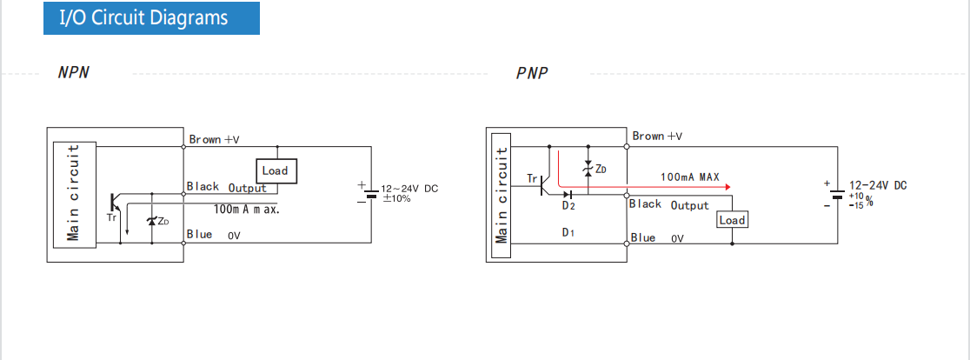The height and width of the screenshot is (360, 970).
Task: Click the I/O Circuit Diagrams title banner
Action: tap(151, 18)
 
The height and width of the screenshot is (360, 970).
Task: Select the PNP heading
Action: tap(532, 73)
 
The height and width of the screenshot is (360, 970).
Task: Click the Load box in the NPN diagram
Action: tap(275, 171)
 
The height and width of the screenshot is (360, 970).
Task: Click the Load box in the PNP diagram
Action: tap(732, 220)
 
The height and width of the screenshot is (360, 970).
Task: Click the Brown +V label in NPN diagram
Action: tap(214, 139)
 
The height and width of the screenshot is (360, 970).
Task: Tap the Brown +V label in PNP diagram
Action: tap(657, 136)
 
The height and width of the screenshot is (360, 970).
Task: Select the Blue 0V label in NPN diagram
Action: tap(213, 235)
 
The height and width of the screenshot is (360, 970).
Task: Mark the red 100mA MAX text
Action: tap(690, 177)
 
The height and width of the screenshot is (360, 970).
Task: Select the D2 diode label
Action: tap(568, 205)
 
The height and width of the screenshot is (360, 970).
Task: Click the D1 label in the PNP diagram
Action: tap(568, 233)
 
